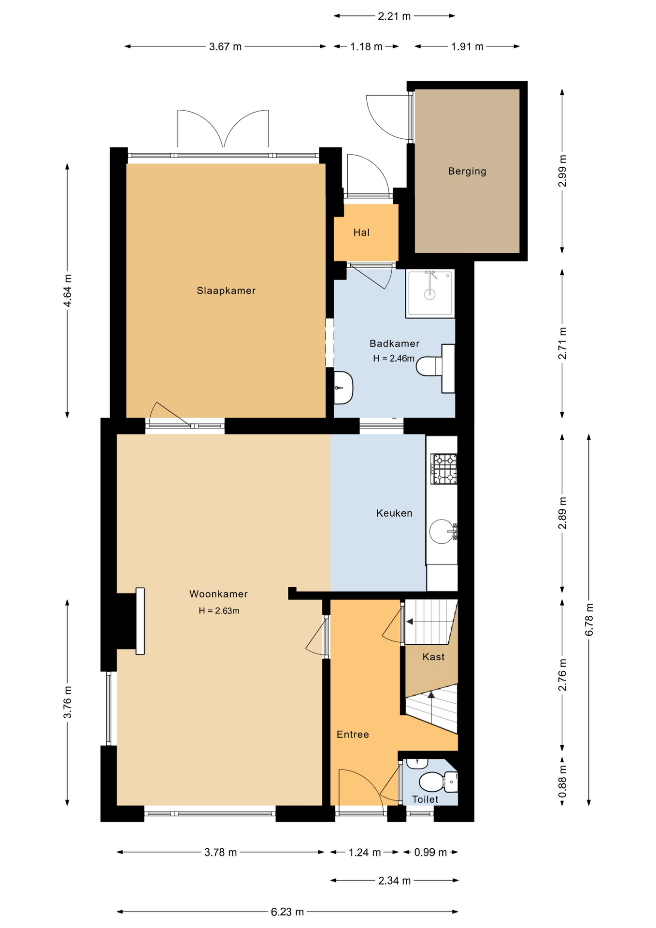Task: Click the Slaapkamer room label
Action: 226,290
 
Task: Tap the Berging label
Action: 467,171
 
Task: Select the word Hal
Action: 361,232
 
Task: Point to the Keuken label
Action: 394,513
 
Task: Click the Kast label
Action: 433,656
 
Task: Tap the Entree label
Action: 353,734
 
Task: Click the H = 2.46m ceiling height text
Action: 394,358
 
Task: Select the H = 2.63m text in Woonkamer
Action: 219,610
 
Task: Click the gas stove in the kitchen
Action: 444,469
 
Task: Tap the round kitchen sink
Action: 442,531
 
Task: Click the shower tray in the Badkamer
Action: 430,293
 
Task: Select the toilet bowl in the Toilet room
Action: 432,782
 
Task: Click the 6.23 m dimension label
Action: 287,912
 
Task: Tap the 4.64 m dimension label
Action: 68,290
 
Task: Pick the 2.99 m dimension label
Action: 562,171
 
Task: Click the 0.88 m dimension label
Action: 562,782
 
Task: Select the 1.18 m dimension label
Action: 366,46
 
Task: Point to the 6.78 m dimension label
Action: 589,620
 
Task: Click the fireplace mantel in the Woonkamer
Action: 140,621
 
